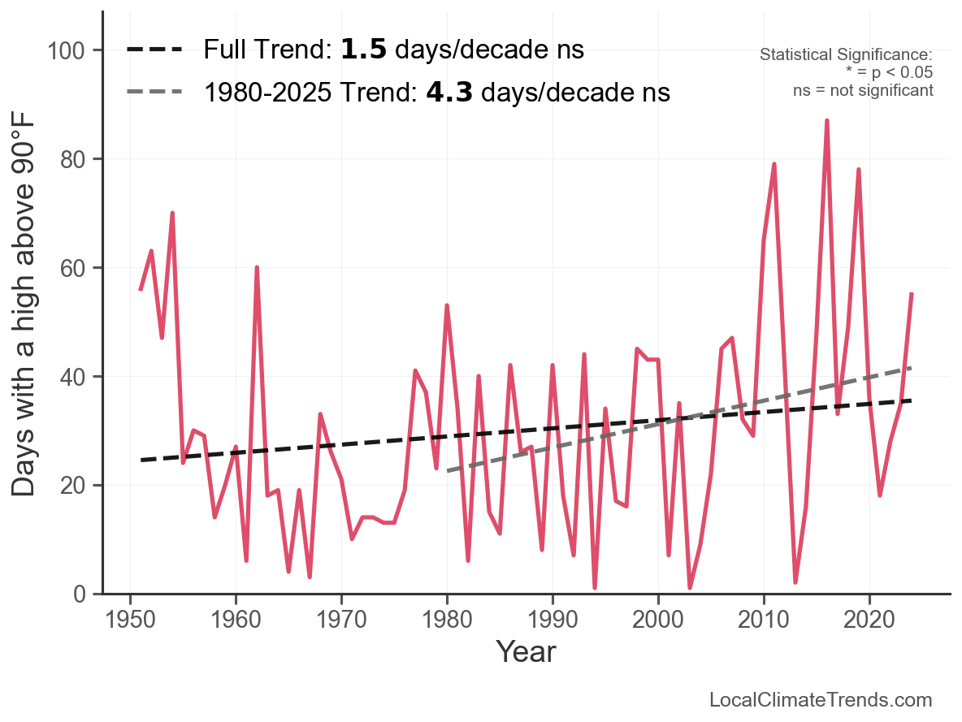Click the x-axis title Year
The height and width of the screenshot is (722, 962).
coord(526,651)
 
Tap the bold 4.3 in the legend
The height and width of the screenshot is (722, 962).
coord(449,93)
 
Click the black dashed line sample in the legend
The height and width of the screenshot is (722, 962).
coord(154,50)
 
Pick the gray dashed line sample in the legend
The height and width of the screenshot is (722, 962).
coord(154,93)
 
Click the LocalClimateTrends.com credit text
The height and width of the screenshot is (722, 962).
coord(821,700)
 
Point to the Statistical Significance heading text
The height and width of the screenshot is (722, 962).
coord(846,54)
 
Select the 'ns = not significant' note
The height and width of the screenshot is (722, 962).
coord(863,90)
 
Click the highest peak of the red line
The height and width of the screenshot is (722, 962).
coord(826,120)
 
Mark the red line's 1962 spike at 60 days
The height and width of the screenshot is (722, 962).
coord(257,267)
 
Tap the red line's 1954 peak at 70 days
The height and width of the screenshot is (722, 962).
coord(172,213)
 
